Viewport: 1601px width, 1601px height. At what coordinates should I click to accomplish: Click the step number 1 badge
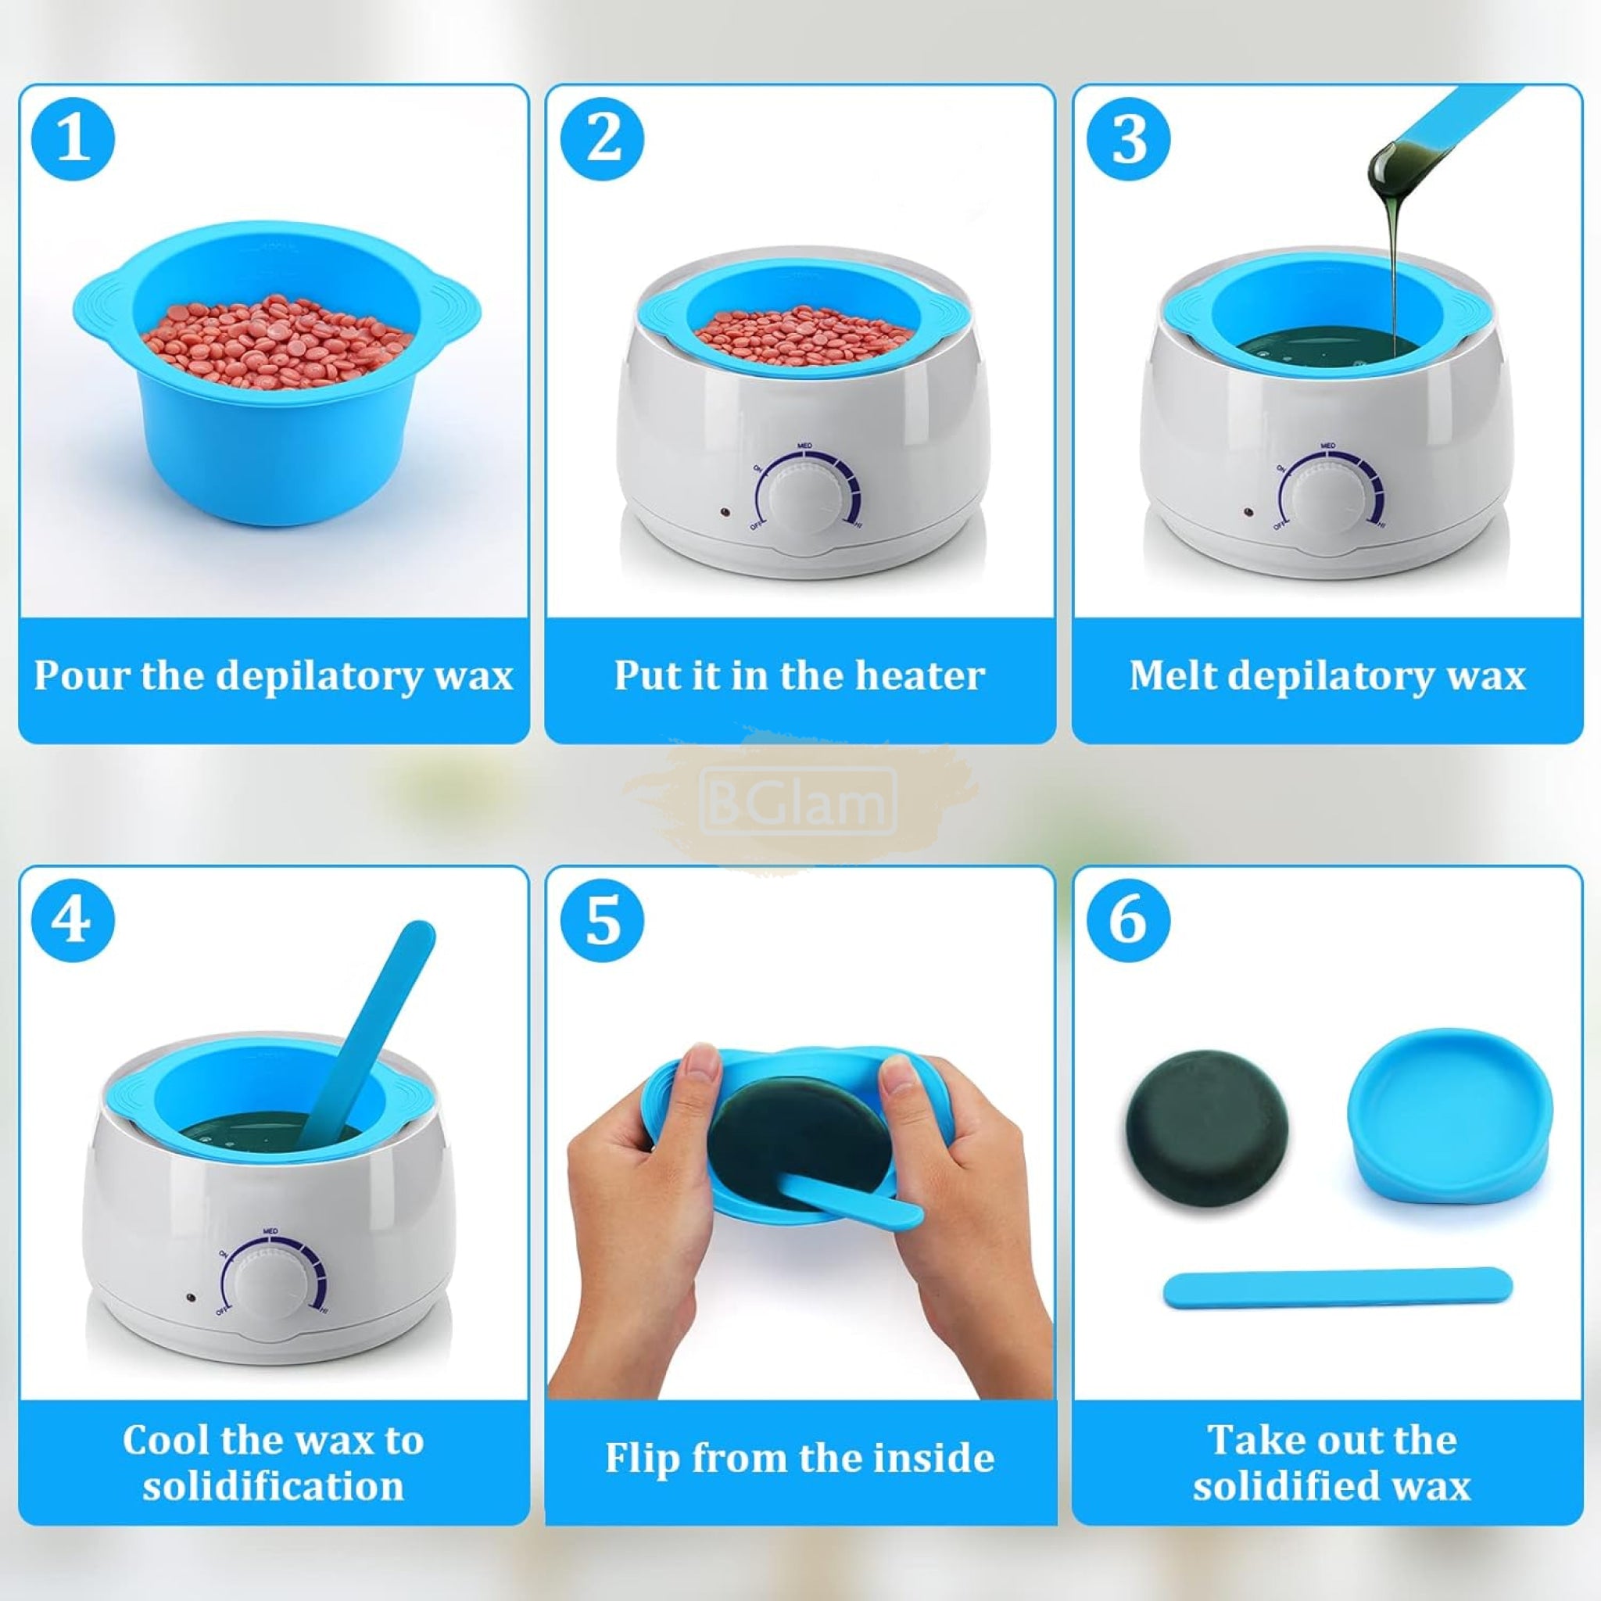73,138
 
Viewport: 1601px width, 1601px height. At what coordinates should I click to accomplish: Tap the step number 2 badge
603,138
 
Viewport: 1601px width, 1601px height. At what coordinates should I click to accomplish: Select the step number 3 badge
1129,138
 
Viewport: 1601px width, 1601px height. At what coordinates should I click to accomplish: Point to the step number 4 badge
73,921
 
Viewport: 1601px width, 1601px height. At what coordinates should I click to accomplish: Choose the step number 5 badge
603,921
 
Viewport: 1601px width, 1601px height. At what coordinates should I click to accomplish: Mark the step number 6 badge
1129,921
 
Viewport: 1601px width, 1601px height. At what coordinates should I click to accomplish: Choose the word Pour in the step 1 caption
82,675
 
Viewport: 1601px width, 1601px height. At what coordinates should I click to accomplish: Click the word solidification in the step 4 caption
274,1486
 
